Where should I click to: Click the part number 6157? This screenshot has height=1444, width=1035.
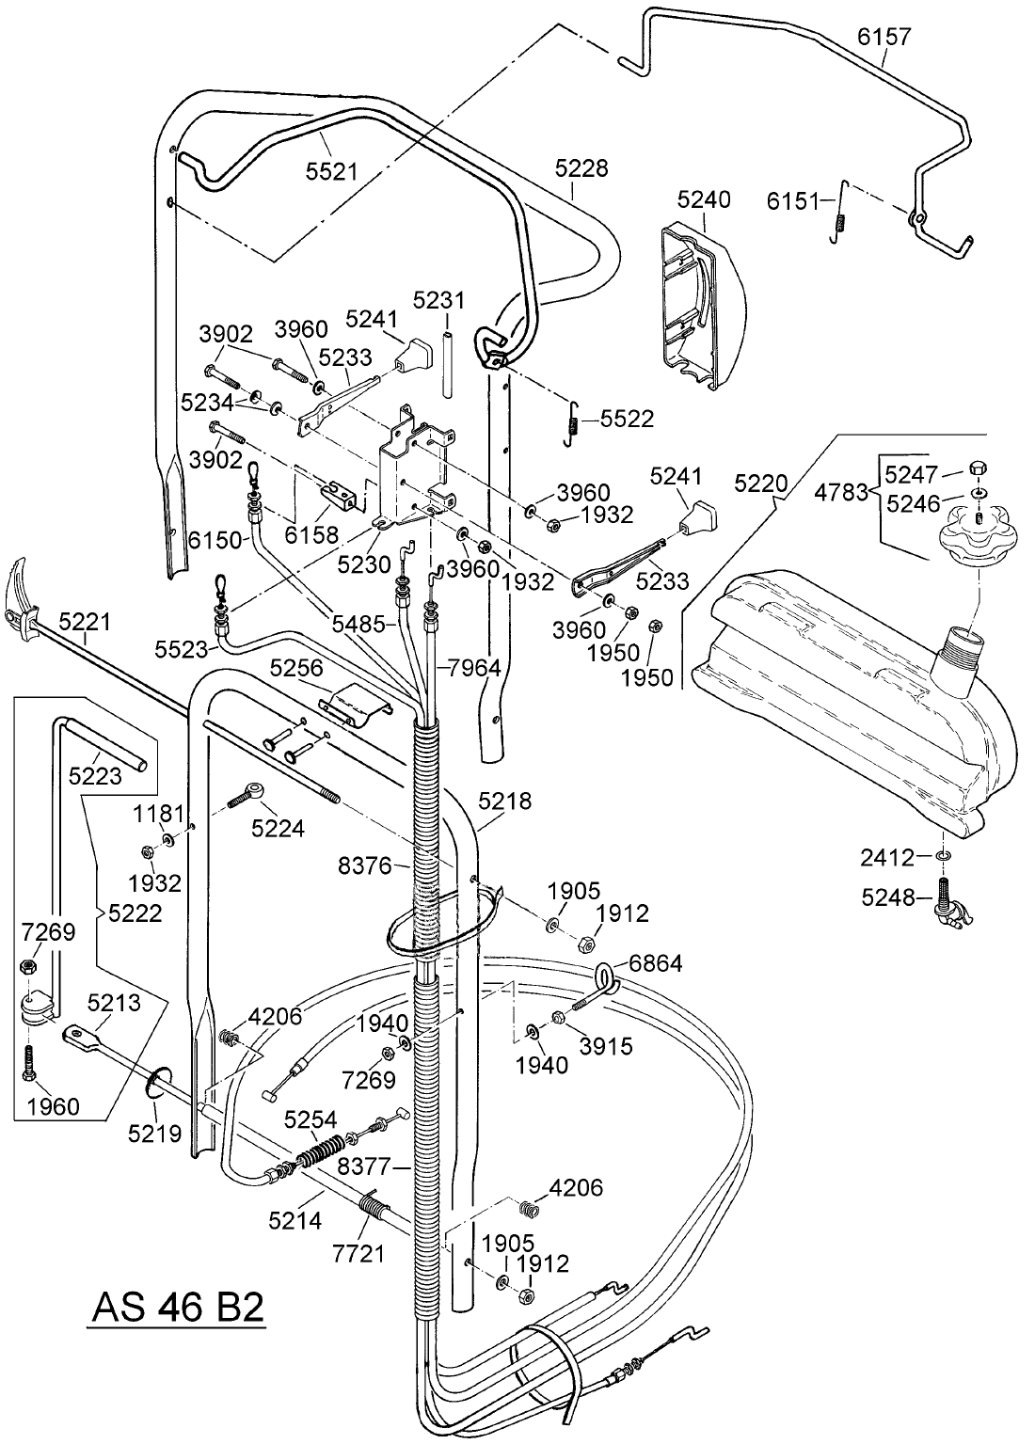pos(884,37)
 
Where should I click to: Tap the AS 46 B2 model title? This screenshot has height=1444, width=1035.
pos(177,1308)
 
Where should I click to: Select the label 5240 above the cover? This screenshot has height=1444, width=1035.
pos(703,199)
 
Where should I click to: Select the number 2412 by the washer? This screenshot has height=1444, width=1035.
pos(887,857)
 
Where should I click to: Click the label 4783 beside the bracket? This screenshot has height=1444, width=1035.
pos(841,491)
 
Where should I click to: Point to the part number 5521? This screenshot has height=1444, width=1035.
pos(331,170)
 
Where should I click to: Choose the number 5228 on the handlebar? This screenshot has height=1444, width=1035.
pos(581,168)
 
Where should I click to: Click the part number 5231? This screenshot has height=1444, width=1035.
pos(439,300)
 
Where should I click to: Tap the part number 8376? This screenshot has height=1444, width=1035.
pos(365,865)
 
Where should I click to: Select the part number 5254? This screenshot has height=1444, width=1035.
pos(310,1119)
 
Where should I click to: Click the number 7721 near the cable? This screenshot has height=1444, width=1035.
pos(358,1254)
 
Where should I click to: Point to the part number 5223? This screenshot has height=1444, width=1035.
pos(95,774)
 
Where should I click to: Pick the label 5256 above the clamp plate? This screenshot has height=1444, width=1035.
pos(296,668)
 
